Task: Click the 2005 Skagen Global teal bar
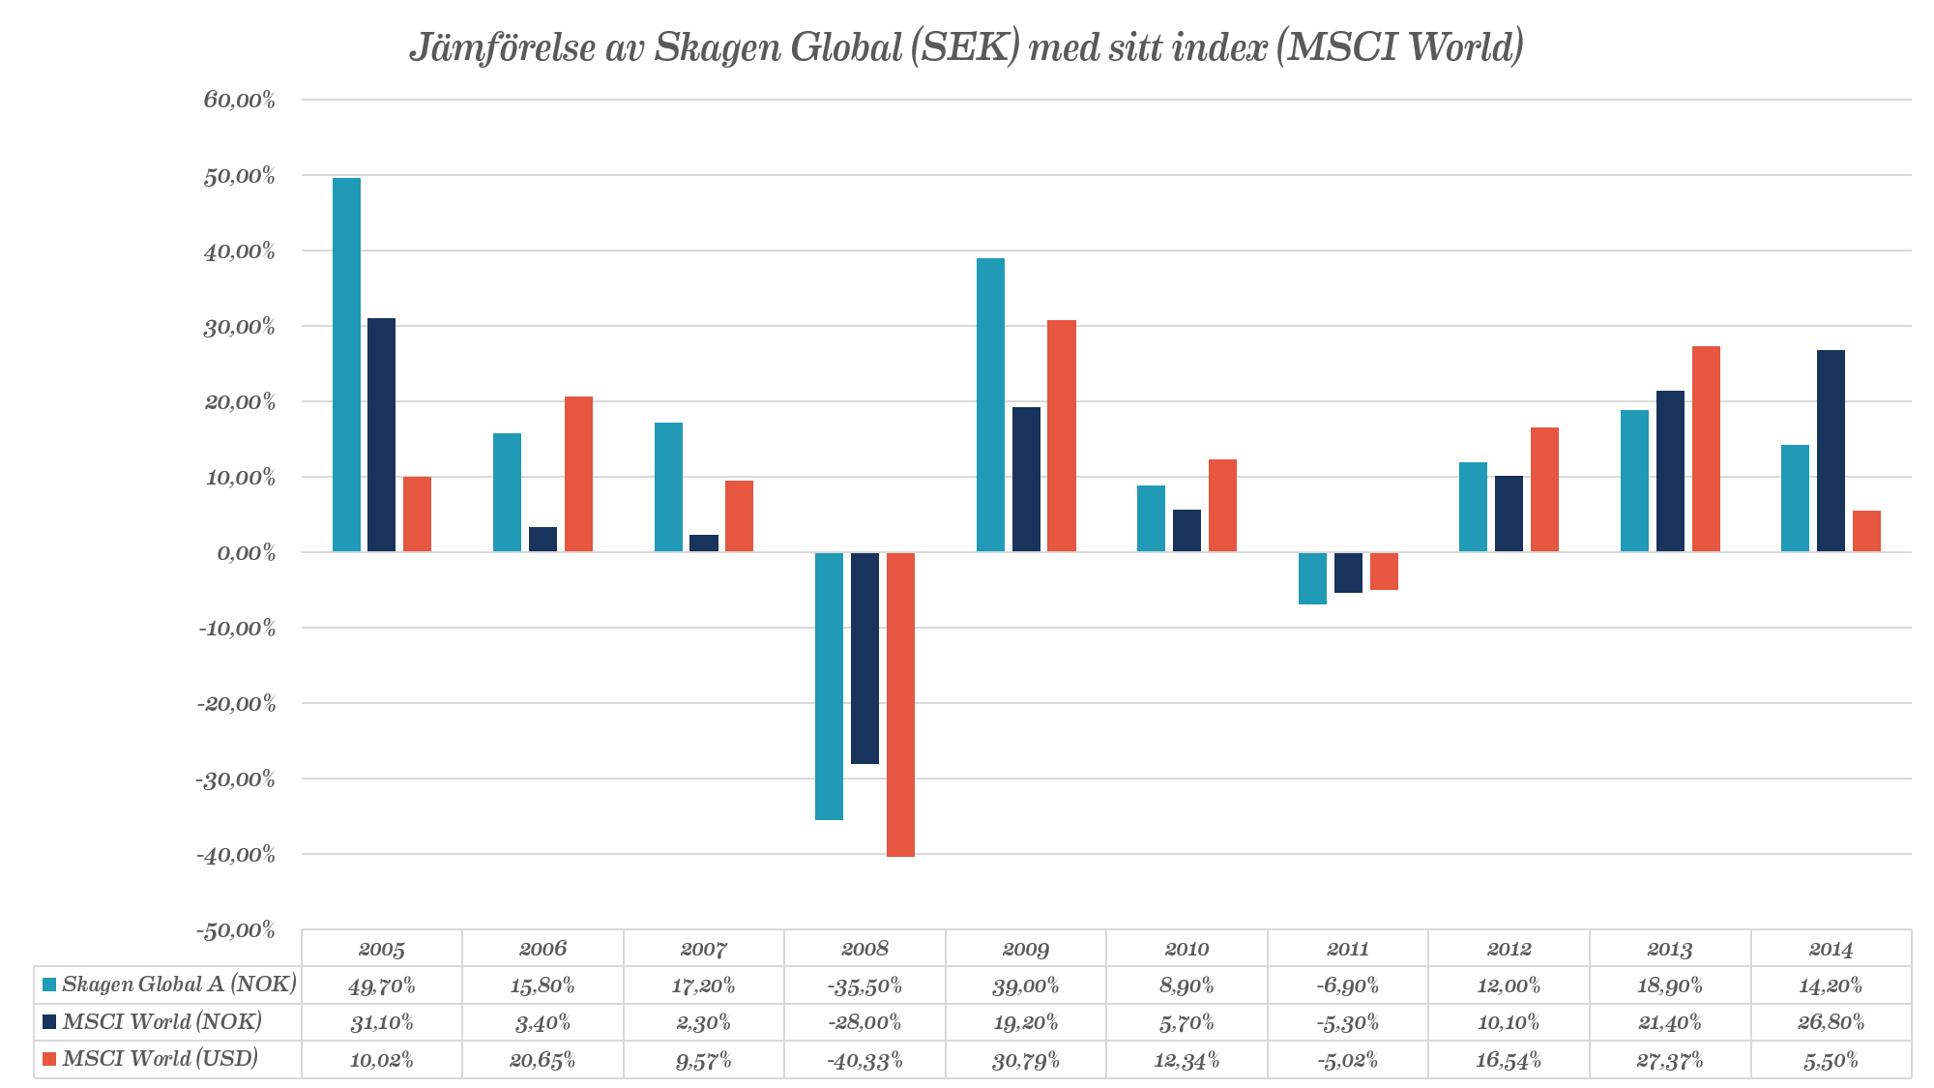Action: (346, 365)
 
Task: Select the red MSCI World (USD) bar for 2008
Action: (900, 704)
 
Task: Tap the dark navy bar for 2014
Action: (1831, 451)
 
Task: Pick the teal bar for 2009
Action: (990, 405)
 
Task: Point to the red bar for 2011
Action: (1384, 571)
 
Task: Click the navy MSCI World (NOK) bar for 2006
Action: (542, 540)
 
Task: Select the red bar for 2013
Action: (1706, 449)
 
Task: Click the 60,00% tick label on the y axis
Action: (240, 100)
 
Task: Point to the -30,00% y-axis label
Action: (237, 779)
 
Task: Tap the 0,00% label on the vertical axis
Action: (246, 553)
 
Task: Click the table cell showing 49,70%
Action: (382, 985)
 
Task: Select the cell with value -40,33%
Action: (864, 1060)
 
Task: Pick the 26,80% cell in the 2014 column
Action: (1831, 1022)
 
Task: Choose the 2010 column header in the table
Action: (1187, 949)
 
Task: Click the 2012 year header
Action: (1509, 949)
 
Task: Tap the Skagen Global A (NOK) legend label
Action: (179, 985)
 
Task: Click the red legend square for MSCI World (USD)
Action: (49, 1059)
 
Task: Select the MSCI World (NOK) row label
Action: (161, 1021)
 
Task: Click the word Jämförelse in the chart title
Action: (503, 47)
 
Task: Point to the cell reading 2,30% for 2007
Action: (703, 1022)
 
